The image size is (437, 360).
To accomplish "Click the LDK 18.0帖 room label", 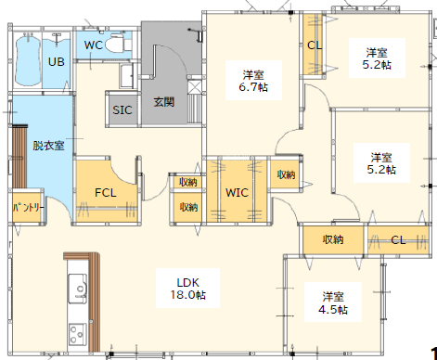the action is click(x=187, y=289).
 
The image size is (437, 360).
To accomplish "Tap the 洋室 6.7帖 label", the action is click(x=253, y=81).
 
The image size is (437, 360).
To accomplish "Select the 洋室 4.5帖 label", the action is click(x=333, y=302).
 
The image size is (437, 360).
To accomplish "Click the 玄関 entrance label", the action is click(x=164, y=102).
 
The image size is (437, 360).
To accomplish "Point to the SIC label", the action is click(x=122, y=110).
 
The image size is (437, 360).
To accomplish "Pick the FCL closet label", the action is click(x=106, y=193).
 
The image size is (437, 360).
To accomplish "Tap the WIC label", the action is click(x=237, y=193).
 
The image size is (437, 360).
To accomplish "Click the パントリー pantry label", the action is click(x=28, y=207).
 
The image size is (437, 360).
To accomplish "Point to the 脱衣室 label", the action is click(x=48, y=146).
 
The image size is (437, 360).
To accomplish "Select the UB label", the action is click(x=57, y=62).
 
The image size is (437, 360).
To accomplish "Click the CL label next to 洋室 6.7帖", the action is click(x=315, y=45).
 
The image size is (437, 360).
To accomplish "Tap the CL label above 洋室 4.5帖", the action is click(x=398, y=240).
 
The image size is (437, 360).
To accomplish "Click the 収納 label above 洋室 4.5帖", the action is click(x=333, y=239).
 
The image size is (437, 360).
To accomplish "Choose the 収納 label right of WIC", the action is click(x=286, y=174).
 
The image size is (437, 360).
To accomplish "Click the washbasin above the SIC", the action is click(x=127, y=76).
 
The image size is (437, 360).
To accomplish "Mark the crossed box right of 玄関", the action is click(x=195, y=87).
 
